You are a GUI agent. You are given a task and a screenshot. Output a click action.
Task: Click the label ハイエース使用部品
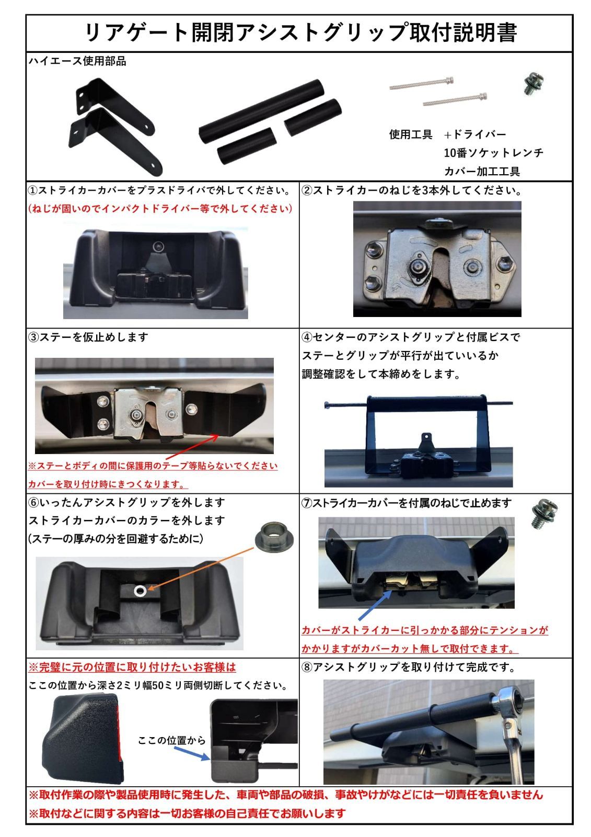[x=77, y=61]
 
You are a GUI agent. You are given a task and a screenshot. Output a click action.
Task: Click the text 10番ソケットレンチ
[x=493, y=153]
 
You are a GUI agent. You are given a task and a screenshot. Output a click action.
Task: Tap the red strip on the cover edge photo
[x=121, y=732]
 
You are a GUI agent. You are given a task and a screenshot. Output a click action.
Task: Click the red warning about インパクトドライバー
[x=160, y=208]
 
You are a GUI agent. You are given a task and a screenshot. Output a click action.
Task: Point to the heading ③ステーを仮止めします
[x=88, y=337]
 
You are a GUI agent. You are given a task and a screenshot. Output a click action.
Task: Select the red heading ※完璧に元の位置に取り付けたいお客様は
[x=132, y=667]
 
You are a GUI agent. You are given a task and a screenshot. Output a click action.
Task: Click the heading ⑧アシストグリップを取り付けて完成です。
[x=409, y=667]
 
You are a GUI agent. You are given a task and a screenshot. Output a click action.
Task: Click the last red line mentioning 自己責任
[x=187, y=813]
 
